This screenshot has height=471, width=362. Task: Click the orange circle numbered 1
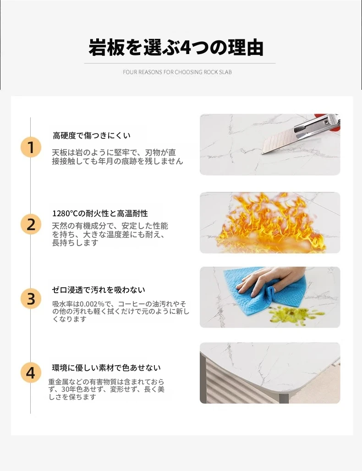coord(31,147)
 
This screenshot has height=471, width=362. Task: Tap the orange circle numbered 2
coord(31,225)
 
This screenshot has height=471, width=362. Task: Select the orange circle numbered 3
coord(31,299)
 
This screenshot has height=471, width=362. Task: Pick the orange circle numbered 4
coord(31,373)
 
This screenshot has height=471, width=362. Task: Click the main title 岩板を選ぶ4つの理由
coord(176,48)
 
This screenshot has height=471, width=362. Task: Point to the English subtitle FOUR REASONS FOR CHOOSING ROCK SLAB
coord(177,72)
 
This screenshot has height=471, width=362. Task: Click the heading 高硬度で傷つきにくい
coord(92,136)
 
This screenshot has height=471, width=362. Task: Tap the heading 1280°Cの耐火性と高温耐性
coord(100,214)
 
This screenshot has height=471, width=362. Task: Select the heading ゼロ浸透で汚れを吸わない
coord(99,290)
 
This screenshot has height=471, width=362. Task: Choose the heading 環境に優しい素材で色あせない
coord(106,367)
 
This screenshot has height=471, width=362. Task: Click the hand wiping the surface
coord(266,279)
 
